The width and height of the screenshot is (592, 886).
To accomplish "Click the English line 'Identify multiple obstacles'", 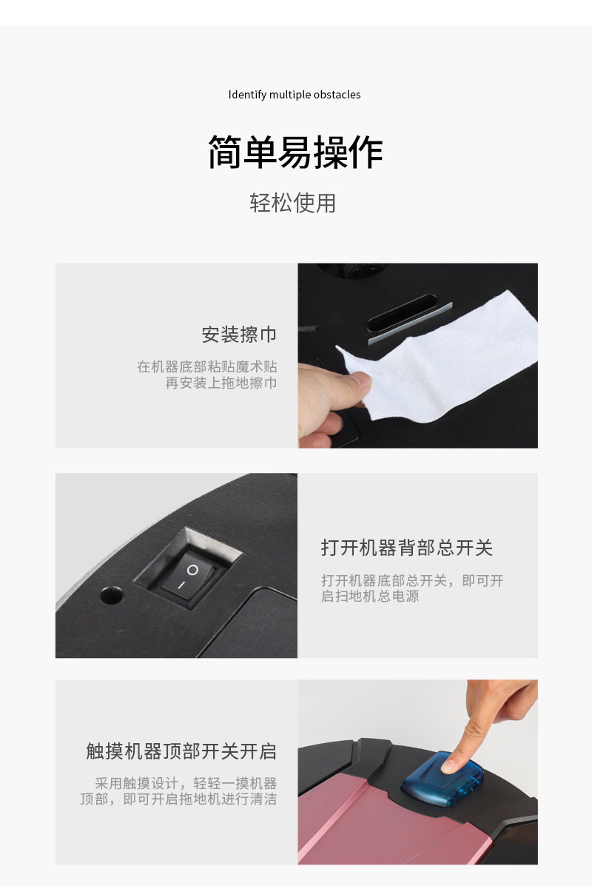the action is click(x=295, y=95).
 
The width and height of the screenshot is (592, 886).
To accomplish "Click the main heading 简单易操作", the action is click(x=295, y=152).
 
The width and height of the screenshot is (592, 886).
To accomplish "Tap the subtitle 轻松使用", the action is click(x=292, y=203).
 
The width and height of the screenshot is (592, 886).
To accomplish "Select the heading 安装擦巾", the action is click(x=239, y=335).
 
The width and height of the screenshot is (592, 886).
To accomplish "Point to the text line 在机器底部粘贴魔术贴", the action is click(x=206, y=366).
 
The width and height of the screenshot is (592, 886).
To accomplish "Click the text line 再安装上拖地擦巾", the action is click(x=221, y=383).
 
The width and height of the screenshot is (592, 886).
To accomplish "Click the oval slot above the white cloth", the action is click(x=403, y=312).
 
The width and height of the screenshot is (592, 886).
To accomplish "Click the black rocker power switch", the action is click(x=187, y=577).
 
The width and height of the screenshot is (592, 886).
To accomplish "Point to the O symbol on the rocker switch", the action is click(x=192, y=570).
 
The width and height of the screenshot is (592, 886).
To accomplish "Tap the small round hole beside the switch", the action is click(x=111, y=594).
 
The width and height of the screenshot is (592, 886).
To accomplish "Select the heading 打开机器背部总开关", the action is click(x=407, y=548).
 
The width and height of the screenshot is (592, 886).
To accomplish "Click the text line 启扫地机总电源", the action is click(x=370, y=596).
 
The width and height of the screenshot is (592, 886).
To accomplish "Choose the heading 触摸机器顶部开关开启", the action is click(x=181, y=751).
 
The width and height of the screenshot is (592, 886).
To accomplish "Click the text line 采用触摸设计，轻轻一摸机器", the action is click(x=186, y=783).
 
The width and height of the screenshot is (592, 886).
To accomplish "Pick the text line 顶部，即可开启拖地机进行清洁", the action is click(x=178, y=799).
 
